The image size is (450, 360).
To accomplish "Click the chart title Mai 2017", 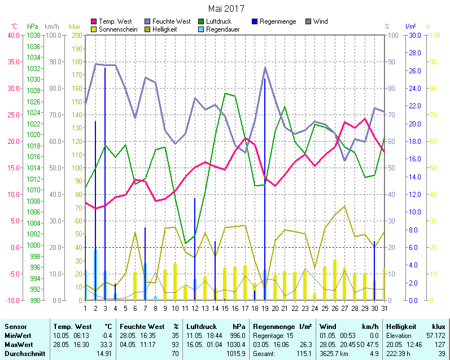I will tap(226, 8).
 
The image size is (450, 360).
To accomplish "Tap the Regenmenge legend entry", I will tap(277, 21).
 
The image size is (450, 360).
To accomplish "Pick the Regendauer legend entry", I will tap(221, 29).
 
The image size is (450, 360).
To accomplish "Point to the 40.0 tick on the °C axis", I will tap(12, 35).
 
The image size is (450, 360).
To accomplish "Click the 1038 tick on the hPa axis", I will tap(33, 35).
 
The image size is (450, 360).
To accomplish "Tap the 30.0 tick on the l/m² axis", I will tap(414, 35).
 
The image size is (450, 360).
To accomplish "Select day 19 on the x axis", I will tap(264, 308).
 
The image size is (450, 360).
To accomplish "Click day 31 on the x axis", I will tap(385, 308).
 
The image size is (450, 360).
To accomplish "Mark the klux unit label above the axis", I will tap(74, 26).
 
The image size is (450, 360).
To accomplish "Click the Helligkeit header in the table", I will tap(400, 327).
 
